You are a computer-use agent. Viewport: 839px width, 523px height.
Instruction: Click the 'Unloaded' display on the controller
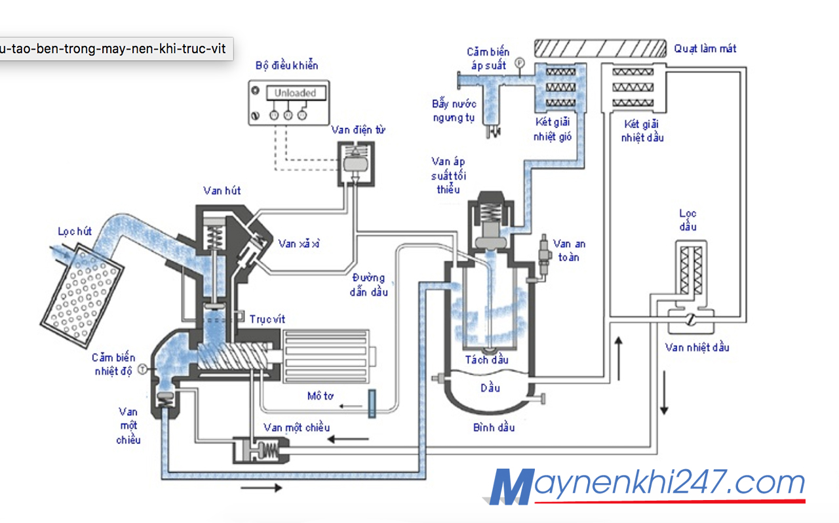(295, 93)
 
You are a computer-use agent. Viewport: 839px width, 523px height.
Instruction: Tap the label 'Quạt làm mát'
(705, 48)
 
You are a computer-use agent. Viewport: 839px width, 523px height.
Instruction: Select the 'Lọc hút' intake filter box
(80, 286)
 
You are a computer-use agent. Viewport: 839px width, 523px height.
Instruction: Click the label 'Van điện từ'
(358, 130)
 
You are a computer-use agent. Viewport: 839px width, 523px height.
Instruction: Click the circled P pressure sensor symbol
(519, 63)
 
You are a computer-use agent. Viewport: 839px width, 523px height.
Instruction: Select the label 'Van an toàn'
(569, 250)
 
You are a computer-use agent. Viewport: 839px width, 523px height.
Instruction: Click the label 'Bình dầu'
(494, 427)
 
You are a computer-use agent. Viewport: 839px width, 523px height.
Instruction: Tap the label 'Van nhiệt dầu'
(697, 347)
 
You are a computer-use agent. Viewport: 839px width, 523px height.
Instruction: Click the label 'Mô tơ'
(321, 396)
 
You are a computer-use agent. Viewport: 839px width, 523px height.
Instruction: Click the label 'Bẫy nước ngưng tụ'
(454, 111)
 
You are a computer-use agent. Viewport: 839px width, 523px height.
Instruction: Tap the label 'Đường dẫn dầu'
(368, 284)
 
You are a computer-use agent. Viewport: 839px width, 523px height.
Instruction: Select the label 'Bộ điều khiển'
(287, 66)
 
